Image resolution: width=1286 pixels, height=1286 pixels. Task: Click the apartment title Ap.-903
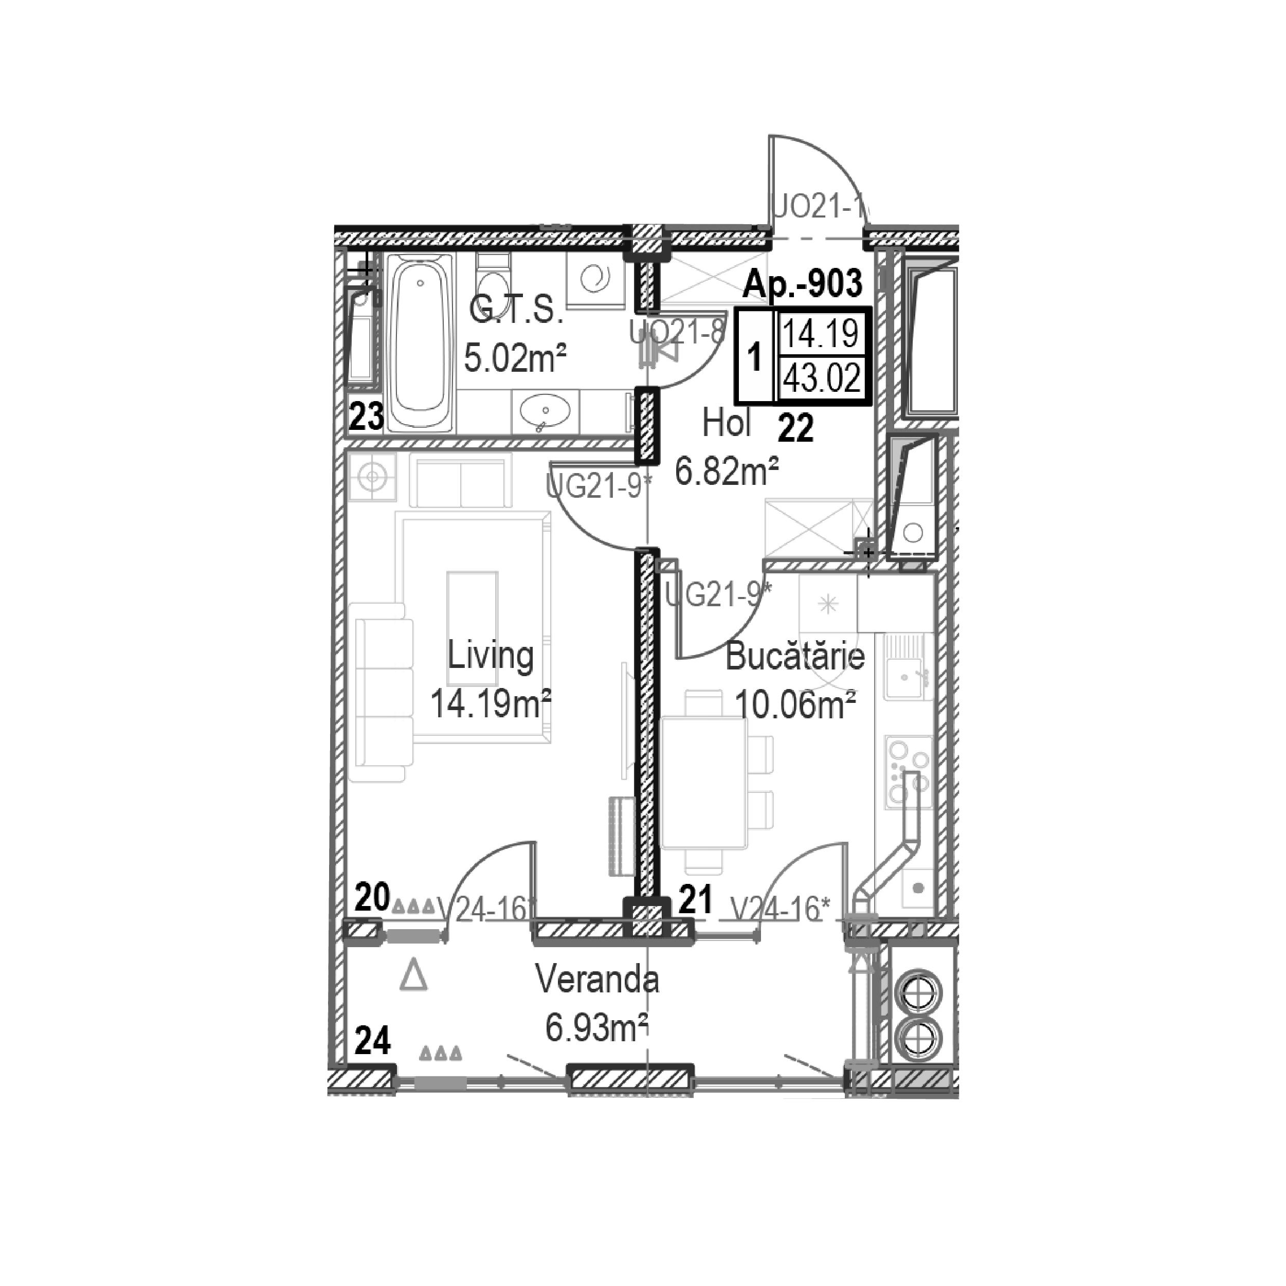click(802, 283)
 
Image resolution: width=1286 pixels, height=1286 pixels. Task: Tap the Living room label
click(490, 656)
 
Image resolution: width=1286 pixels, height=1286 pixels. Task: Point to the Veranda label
click(597, 981)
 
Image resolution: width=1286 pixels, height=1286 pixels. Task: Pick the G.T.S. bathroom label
click(516, 310)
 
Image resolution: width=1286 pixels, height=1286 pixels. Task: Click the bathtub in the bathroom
click(421, 341)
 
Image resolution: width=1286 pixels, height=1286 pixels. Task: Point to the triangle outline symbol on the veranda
click(413, 976)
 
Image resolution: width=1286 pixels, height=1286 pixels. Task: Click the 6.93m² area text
click(596, 1028)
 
